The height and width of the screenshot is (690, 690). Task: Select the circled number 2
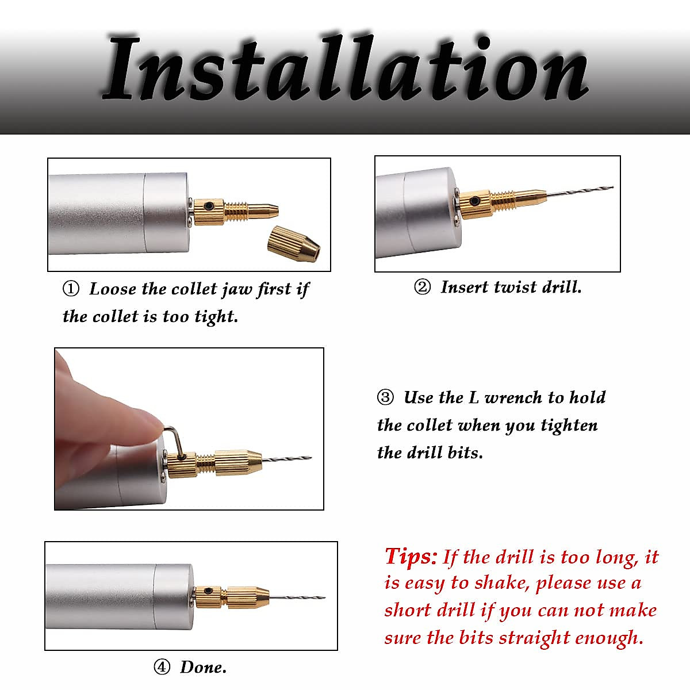click(x=422, y=287)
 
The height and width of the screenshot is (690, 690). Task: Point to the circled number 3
click(x=385, y=397)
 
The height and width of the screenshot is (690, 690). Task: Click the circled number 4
click(x=162, y=667)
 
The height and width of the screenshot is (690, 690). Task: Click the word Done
click(x=203, y=667)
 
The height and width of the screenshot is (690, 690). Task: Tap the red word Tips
click(x=410, y=557)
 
